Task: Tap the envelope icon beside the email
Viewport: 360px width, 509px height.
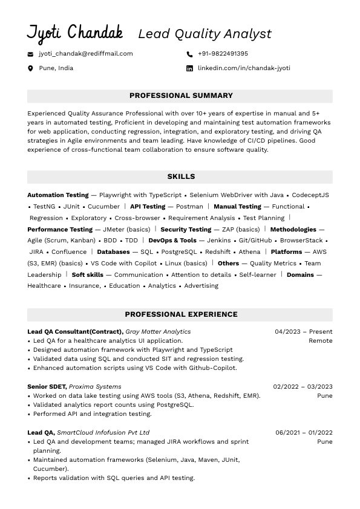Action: point(30,54)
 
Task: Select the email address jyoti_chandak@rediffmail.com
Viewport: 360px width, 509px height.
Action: point(86,54)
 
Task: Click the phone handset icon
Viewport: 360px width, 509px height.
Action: point(189,54)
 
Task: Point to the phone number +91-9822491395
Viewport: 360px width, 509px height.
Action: point(223,54)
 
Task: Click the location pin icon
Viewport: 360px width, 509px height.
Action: point(30,68)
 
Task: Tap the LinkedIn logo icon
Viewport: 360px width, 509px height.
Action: point(189,68)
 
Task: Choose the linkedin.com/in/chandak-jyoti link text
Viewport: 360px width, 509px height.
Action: point(244,68)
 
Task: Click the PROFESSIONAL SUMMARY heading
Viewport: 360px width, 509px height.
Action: point(181,96)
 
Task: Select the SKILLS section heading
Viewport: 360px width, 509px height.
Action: point(181,177)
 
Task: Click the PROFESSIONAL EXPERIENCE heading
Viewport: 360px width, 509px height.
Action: point(181,314)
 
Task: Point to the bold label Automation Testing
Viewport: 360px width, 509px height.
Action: point(58,195)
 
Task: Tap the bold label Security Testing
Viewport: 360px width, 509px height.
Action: point(186,230)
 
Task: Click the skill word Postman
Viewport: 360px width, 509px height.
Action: point(189,207)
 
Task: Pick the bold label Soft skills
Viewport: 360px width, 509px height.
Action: point(88,275)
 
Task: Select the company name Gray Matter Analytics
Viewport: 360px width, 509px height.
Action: point(158,332)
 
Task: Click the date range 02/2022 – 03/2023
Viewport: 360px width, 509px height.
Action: point(303,387)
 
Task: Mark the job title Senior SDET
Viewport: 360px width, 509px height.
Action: point(47,387)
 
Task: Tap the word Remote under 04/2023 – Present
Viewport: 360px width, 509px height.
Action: point(320,341)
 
